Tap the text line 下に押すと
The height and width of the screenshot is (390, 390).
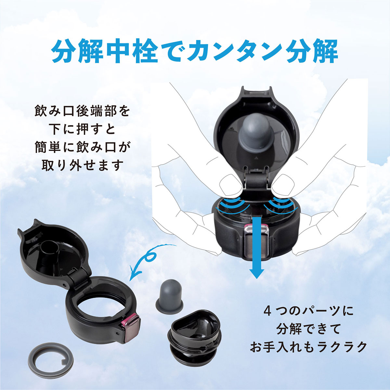(x=83, y=129)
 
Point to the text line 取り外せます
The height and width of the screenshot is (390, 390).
(x=82, y=166)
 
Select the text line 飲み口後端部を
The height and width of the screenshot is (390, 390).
(x=82, y=111)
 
